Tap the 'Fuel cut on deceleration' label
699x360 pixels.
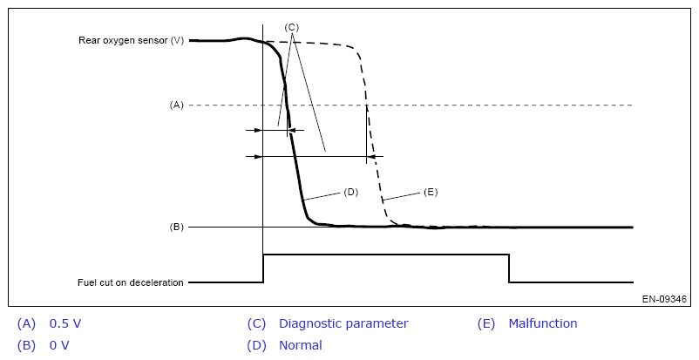point(130,282)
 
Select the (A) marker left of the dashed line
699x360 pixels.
point(177,105)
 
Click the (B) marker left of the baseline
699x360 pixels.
point(177,227)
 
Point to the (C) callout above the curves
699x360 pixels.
point(291,27)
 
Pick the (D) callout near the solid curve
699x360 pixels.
point(351,192)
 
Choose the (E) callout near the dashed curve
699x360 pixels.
point(430,192)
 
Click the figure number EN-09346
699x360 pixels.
point(664,299)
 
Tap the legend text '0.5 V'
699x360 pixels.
point(65,323)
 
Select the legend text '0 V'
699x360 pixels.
point(59,345)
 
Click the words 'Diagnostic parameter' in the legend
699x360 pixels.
point(343,323)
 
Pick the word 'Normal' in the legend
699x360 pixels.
point(300,345)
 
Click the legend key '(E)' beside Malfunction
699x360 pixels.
point(486,323)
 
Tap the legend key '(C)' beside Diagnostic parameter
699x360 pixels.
point(256,323)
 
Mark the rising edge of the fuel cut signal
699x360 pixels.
point(263,268)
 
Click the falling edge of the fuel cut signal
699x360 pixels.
point(509,268)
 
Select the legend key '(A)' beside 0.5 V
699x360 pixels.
point(27,323)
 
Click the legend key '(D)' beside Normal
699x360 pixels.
point(256,345)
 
